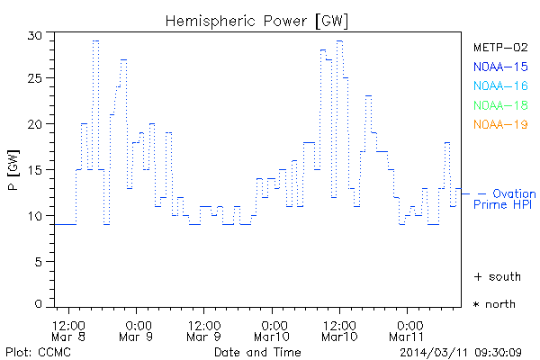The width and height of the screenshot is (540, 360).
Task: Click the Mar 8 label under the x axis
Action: (x=69, y=337)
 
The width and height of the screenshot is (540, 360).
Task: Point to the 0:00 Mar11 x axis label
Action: (x=409, y=330)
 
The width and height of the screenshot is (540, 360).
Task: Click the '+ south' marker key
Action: (x=494, y=276)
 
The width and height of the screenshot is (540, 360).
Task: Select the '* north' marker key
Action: (x=494, y=304)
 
